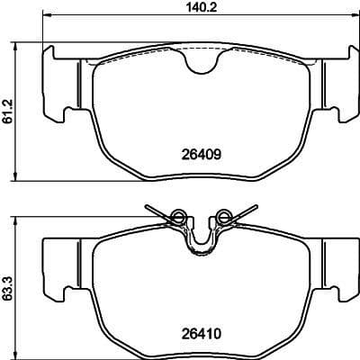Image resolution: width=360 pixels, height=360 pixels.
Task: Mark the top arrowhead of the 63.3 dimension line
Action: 20,219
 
